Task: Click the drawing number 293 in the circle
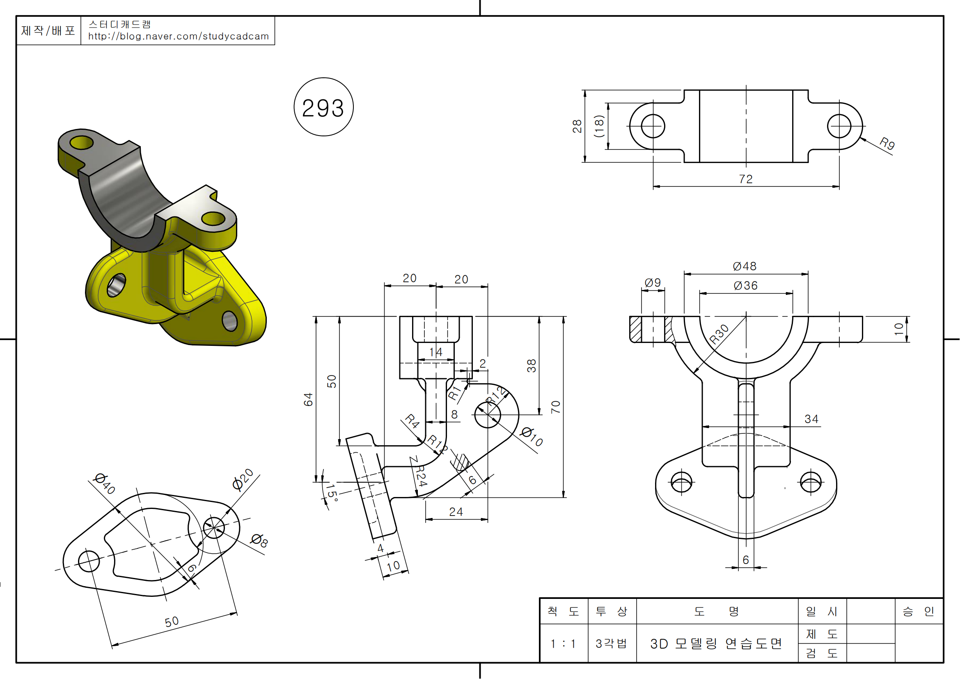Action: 323,108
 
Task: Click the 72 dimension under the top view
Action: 745,179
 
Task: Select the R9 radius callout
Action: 887,143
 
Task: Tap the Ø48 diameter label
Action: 745,266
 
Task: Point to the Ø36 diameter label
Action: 745,286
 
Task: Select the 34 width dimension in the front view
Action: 811,419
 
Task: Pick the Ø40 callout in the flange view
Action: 105,483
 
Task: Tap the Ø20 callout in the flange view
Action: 243,479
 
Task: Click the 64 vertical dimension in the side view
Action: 308,400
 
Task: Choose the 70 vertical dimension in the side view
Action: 555,407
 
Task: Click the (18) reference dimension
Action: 599,126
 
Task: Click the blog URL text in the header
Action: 179,37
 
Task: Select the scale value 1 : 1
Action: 563,643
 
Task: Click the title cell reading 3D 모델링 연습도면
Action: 716,643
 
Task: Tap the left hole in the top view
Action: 653,126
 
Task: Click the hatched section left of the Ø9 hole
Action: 635,329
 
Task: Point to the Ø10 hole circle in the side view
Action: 488,415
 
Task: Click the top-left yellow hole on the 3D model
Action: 81,143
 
